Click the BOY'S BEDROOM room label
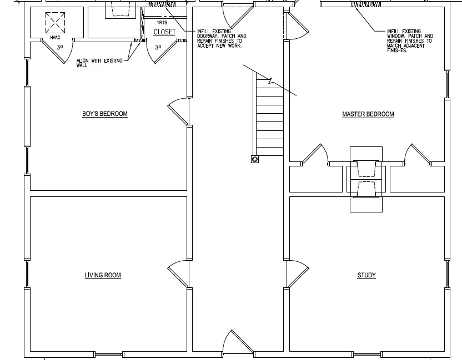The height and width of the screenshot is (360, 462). [x=105, y=114]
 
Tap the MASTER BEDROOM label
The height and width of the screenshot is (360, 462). [x=368, y=114]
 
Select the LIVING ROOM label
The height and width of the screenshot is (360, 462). [x=103, y=275]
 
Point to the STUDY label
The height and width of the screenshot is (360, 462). [x=366, y=275]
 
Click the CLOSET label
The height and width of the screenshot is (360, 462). [x=164, y=32]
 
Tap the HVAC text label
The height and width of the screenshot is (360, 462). [x=55, y=38]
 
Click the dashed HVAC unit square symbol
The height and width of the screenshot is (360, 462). [x=55, y=23]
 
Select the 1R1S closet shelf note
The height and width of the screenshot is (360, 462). [x=162, y=22]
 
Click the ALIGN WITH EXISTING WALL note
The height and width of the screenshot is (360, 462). [x=99, y=63]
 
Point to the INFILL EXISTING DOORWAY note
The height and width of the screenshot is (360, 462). [x=222, y=38]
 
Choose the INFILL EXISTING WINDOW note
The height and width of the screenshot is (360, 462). [x=410, y=40]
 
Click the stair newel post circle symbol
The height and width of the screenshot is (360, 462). [x=255, y=159]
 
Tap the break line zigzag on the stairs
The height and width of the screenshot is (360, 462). [x=270, y=80]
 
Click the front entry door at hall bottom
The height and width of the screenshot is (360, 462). [x=238, y=342]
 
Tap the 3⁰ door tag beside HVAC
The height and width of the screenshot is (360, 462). [x=60, y=47]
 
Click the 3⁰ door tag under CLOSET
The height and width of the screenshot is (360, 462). [x=158, y=47]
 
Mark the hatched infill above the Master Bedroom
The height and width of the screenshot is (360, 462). [x=366, y=4]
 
